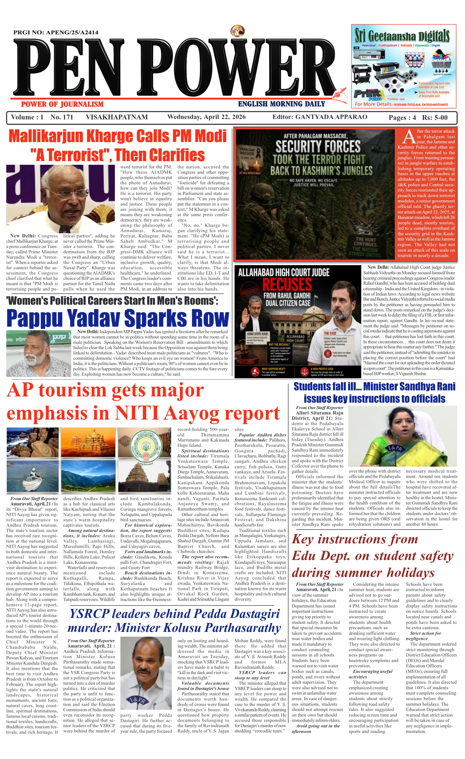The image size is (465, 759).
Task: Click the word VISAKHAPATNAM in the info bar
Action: tap(117, 117)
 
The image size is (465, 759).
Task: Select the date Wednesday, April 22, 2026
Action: tap(207, 117)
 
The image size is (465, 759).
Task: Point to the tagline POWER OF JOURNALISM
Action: tap(62, 104)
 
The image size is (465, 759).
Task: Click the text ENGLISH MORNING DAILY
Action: tap(281, 104)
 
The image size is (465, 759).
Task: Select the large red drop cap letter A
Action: tap(409, 137)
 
